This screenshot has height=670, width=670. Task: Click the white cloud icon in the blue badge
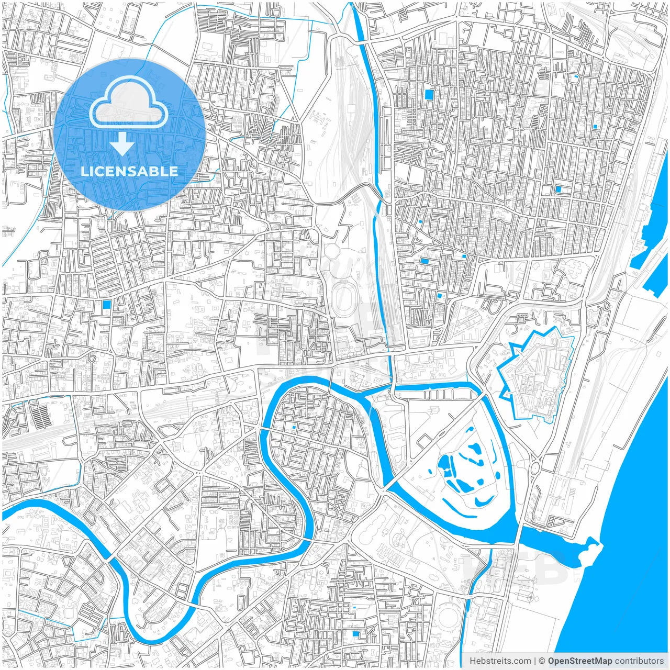click(x=128, y=103)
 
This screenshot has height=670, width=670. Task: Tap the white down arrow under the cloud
click(x=122, y=144)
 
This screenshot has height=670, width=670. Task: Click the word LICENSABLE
click(x=129, y=171)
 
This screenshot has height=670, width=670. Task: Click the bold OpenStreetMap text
click(x=579, y=661)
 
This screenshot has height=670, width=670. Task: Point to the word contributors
click(x=639, y=661)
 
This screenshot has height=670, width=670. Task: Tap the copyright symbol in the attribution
click(x=542, y=661)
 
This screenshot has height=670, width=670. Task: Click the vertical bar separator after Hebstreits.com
click(x=535, y=661)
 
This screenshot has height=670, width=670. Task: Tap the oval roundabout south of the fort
click(x=534, y=467)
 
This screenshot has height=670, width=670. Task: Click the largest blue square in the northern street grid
click(x=429, y=95)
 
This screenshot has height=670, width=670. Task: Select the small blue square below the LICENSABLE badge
click(x=107, y=304)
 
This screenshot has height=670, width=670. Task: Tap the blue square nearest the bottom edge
click(x=356, y=634)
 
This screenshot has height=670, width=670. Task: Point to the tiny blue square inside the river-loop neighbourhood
click(x=294, y=428)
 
